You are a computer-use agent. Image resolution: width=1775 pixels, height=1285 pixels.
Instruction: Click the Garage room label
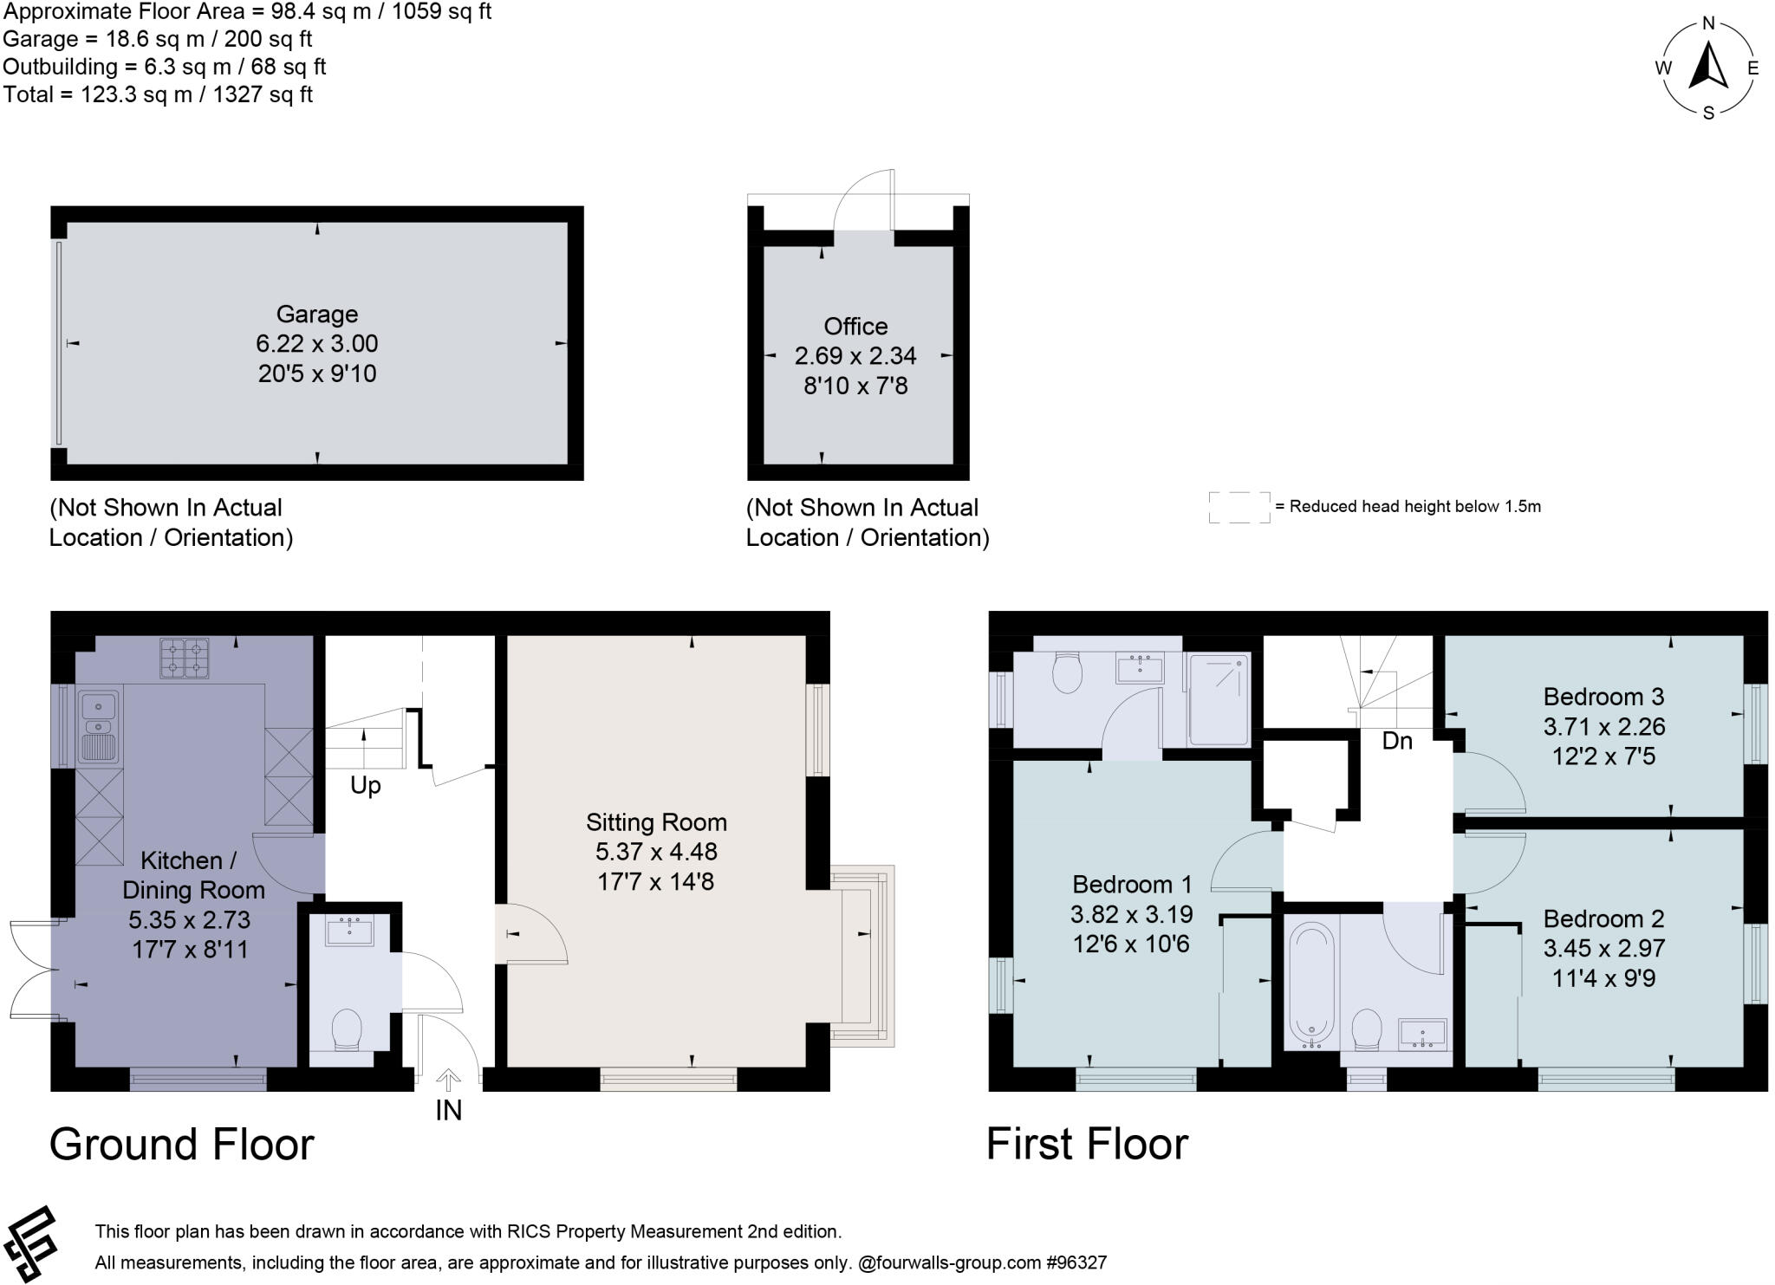coord(316,314)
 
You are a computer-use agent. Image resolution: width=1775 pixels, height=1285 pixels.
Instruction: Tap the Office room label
coord(855,326)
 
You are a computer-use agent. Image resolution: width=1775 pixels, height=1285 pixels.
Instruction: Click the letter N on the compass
coord(1708,23)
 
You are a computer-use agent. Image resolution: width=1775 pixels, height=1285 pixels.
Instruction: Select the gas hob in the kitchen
coord(184,658)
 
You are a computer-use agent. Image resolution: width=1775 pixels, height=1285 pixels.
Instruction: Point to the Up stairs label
coord(365,785)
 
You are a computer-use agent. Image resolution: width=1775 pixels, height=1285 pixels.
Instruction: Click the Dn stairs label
coord(1396,741)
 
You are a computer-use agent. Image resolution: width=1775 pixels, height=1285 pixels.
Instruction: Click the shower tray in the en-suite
coord(1219,699)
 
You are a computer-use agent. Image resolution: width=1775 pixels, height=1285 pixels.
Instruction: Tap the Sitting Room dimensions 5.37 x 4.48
coord(656,852)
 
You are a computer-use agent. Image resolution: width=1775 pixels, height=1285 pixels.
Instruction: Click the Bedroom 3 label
coord(1603,697)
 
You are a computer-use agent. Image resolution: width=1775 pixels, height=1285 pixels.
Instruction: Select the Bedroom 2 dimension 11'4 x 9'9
coord(1603,978)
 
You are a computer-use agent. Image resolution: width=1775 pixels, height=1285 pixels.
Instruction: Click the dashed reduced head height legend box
coord(1239,507)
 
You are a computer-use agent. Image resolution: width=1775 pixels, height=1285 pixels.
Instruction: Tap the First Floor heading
coord(1086,1143)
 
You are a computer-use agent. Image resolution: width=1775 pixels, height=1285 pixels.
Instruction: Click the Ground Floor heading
coord(181,1144)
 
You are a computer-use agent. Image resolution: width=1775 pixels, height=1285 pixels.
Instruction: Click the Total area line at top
coord(158,94)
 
